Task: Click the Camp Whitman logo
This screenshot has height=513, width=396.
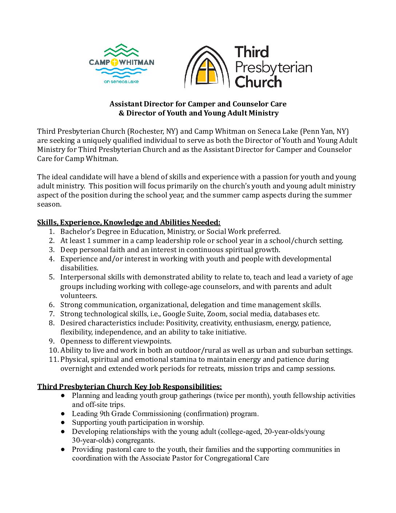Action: [x=122, y=64]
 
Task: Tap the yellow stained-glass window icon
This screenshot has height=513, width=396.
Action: [x=207, y=70]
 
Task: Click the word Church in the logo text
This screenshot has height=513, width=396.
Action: [x=258, y=82]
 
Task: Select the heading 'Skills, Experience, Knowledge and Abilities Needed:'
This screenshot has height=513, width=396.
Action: [x=129, y=222]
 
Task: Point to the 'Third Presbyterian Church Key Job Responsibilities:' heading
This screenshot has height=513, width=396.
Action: [x=130, y=387]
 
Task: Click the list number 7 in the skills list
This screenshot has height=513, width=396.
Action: [x=52, y=314]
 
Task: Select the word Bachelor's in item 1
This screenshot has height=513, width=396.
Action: [x=78, y=231]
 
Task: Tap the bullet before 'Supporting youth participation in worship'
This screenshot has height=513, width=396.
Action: [x=63, y=422]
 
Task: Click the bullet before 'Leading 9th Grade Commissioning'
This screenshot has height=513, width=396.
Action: [x=63, y=414]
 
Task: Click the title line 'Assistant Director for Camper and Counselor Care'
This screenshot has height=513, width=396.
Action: [x=198, y=104]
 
